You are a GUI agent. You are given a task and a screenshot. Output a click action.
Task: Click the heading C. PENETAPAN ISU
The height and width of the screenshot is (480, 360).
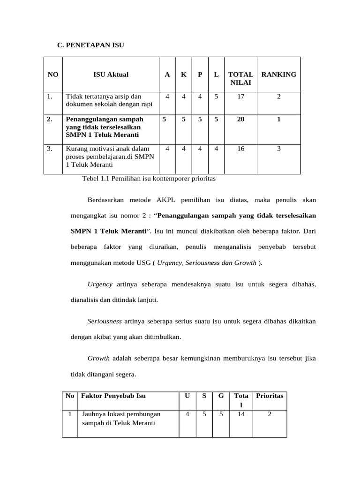[90, 45]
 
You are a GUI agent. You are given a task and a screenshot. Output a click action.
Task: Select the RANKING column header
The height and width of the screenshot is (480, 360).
[278, 75]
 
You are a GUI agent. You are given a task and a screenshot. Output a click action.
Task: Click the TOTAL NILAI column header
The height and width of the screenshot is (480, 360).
[240, 79]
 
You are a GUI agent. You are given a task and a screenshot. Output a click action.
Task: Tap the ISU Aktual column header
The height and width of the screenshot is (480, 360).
[111, 75]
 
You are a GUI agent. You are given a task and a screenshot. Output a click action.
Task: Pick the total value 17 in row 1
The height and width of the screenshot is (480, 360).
[240, 97]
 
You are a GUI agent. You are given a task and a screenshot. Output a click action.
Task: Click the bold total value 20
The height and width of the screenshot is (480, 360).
[240, 120]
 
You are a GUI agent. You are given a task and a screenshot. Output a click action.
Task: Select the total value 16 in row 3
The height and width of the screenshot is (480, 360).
[240, 149]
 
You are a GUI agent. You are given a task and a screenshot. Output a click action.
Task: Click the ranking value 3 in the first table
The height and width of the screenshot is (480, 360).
[278, 149]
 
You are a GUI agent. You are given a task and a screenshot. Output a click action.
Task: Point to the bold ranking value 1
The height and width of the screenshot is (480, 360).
[278, 120]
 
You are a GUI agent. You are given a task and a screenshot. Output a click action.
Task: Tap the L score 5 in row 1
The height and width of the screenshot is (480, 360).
[216, 97]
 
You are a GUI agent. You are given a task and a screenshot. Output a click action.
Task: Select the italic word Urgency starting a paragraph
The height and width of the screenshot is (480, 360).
[100, 285]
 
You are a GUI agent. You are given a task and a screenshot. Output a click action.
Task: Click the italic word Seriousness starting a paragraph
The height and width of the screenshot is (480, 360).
[105, 322]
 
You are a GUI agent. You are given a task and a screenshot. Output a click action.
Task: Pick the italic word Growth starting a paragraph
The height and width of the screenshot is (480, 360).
[98, 359]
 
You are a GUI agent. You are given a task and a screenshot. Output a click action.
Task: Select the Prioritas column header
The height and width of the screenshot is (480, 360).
[270, 396]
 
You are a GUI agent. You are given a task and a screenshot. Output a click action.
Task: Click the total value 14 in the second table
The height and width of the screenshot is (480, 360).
[241, 414]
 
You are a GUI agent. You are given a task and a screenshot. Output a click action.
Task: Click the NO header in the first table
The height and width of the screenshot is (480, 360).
[53, 75]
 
